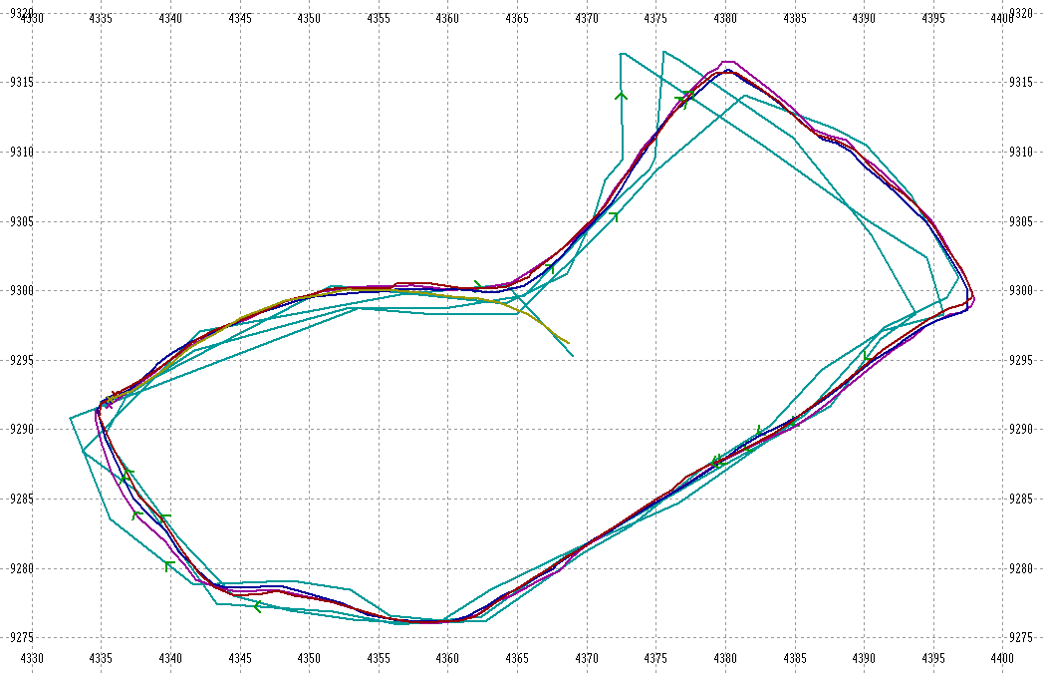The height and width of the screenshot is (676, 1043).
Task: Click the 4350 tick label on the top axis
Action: click(x=309, y=19)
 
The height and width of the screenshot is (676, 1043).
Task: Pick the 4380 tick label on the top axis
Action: click(x=725, y=19)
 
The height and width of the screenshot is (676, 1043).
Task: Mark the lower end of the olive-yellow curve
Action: click(x=568, y=343)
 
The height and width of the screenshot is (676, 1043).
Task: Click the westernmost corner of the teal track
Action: click(x=71, y=417)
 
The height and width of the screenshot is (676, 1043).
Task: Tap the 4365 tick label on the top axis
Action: click(x=517, y=19)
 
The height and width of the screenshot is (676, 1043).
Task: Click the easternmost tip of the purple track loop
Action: click(x=974, y=297)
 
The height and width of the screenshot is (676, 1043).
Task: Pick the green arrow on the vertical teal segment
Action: click(x=621, y=96)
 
